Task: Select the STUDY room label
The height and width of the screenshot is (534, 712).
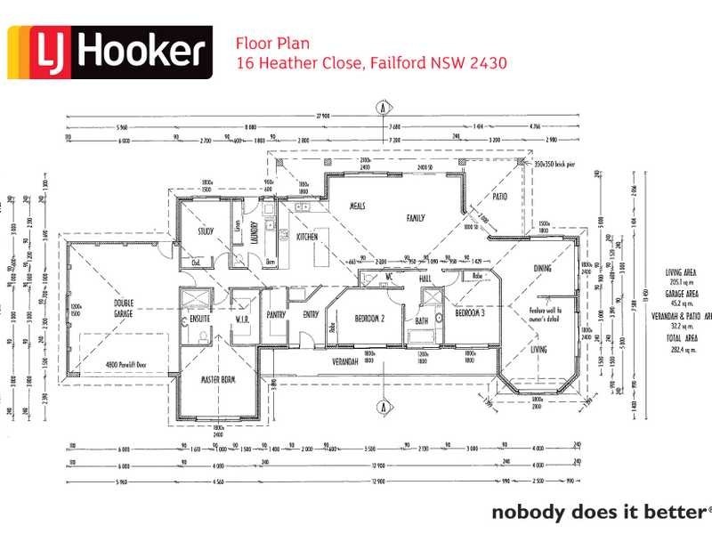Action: (x=206, y=231)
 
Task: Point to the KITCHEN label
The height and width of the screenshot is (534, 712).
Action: (x=307, y=237)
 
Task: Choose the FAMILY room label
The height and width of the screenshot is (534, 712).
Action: (x=416, y=217)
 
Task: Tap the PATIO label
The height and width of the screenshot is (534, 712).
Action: (x=499, y=196)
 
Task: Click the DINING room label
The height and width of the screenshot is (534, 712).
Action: (x=542, y=268)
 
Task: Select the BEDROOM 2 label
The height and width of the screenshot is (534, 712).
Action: (x=368, y=318)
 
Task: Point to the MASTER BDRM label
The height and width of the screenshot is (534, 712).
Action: (x=215, y=381)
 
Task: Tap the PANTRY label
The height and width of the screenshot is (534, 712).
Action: (x=276, y=314)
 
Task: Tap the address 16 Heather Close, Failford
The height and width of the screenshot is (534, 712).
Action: (x=371, y=63)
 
